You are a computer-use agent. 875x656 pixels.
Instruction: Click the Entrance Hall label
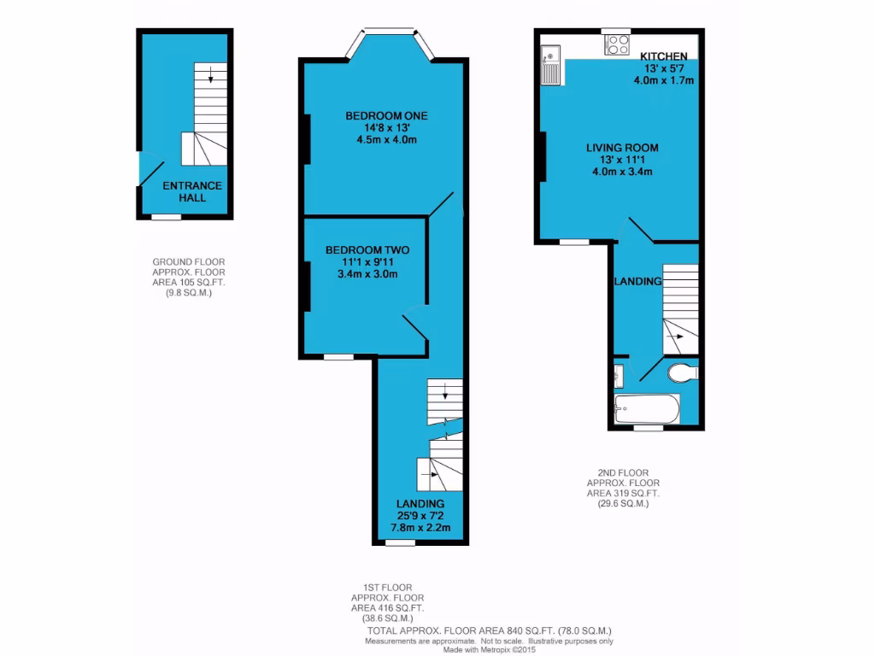[x=192, y=191]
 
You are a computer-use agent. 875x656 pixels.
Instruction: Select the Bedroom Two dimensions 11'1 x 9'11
[x=367, y=262]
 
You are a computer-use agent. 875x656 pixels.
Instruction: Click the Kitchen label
[x=663, y=56]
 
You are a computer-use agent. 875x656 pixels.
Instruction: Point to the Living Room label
[x=622, y=148]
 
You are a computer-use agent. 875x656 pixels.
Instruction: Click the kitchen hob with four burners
[x=617, y=44]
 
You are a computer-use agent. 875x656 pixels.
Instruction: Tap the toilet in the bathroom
[x=683, y=373]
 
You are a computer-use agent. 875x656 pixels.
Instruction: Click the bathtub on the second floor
[x=647, y=408]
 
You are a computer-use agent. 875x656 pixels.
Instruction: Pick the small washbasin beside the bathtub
[x=618, y=374]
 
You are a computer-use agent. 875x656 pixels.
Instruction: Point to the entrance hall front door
[x=150, y=171]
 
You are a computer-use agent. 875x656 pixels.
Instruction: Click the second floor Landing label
[x=637, y=282]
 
